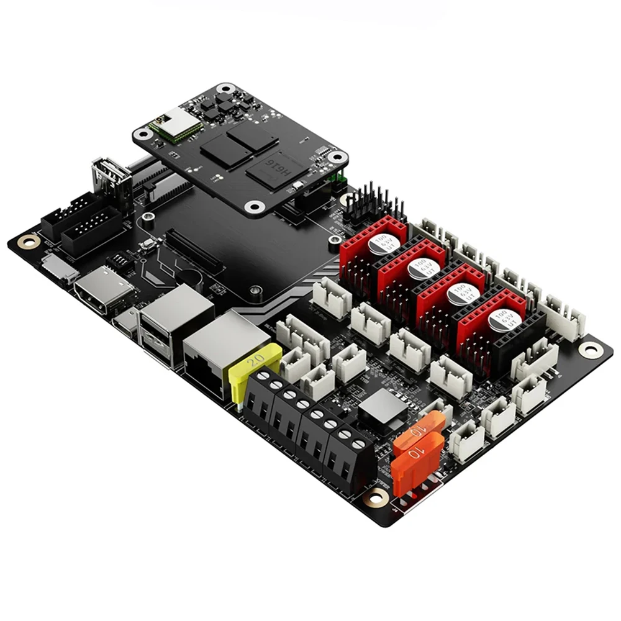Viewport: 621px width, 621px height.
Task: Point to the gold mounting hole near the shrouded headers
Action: pyautogui.click(x=27, y=240)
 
